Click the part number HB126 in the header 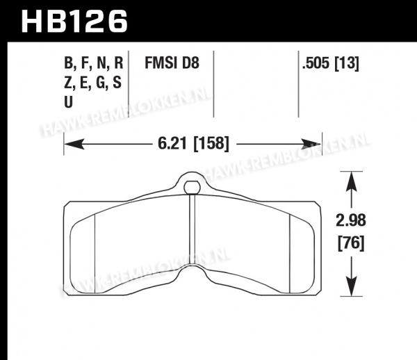[x=74, y=22]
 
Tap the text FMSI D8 [x=172, y=63]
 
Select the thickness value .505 [x=316, y=63]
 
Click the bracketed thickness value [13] [x=347, y=63]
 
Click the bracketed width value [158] [x=211, y=144]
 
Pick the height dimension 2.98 [x=351, y=221]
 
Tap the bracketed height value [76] [x=351, y=243]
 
